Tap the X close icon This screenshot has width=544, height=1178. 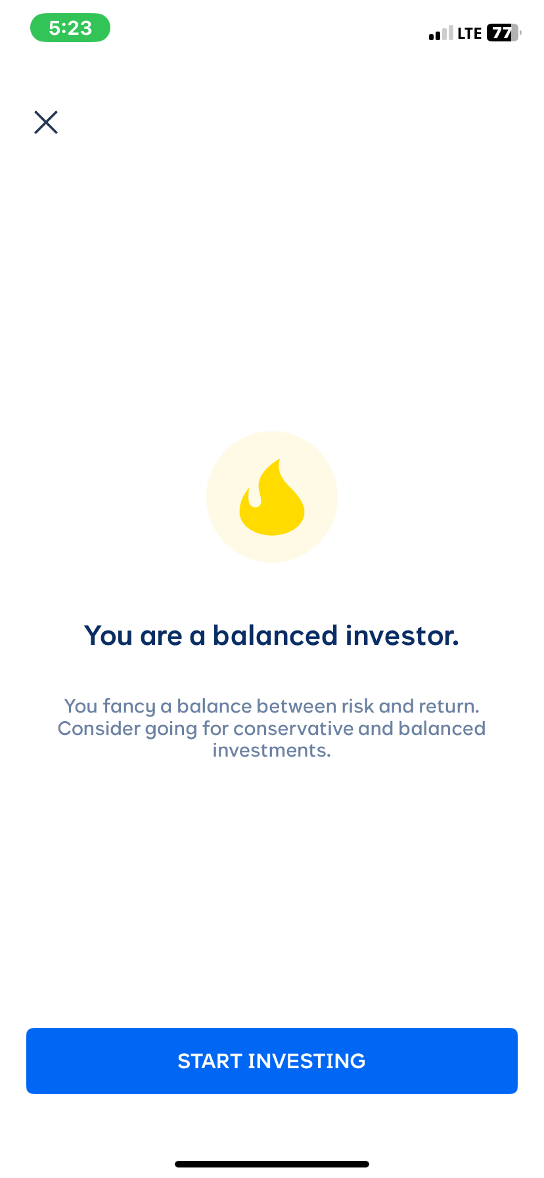point(46,122)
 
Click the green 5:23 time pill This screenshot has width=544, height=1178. point(70,28)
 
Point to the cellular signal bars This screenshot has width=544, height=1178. point(441,34)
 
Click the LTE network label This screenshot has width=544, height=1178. point(470,34)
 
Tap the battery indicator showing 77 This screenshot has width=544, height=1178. point(503,33)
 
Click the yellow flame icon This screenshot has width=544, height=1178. point(272,498)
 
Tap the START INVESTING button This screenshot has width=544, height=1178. point(272,1061)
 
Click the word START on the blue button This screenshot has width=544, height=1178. point(210,1061)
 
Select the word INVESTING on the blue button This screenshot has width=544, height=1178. point(307,1061)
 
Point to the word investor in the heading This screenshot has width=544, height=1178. point(402,636)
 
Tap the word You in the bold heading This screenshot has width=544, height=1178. point(108,636)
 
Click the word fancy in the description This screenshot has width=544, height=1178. point(130,706)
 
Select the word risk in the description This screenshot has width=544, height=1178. point(357,706)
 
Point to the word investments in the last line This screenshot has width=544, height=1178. point(271,750)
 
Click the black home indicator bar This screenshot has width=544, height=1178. point(272,1164)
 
